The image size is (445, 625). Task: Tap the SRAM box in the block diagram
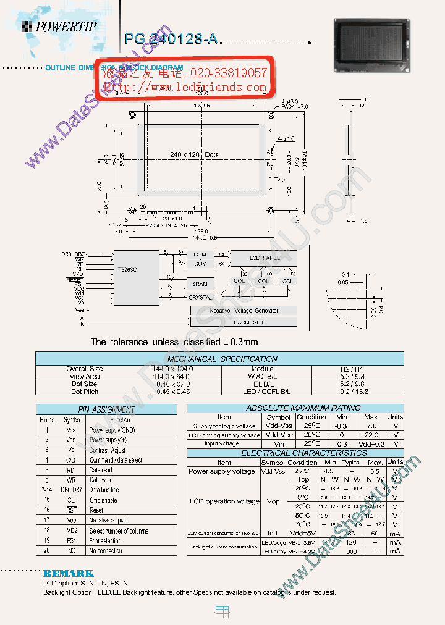tap(200, 284)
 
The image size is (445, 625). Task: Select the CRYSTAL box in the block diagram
tap(200, 297)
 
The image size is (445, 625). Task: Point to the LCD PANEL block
tap(264, 258)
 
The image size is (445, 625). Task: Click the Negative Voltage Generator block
tap(244, 311)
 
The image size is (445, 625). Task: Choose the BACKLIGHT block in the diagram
tap(248, 322)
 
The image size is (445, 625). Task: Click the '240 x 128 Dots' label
tap(194, 154)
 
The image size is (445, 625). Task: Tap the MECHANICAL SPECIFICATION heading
tap(222, 359)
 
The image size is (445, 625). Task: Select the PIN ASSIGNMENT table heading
tap(106, 409)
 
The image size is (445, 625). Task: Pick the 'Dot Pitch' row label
tap(85, 392)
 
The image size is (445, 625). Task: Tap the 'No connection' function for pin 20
tap(105, 551)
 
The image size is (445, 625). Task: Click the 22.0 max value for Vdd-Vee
tap(371, 435)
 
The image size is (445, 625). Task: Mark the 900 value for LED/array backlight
tap(351, 551)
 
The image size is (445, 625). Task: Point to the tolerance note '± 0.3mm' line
tap(174, 342)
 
